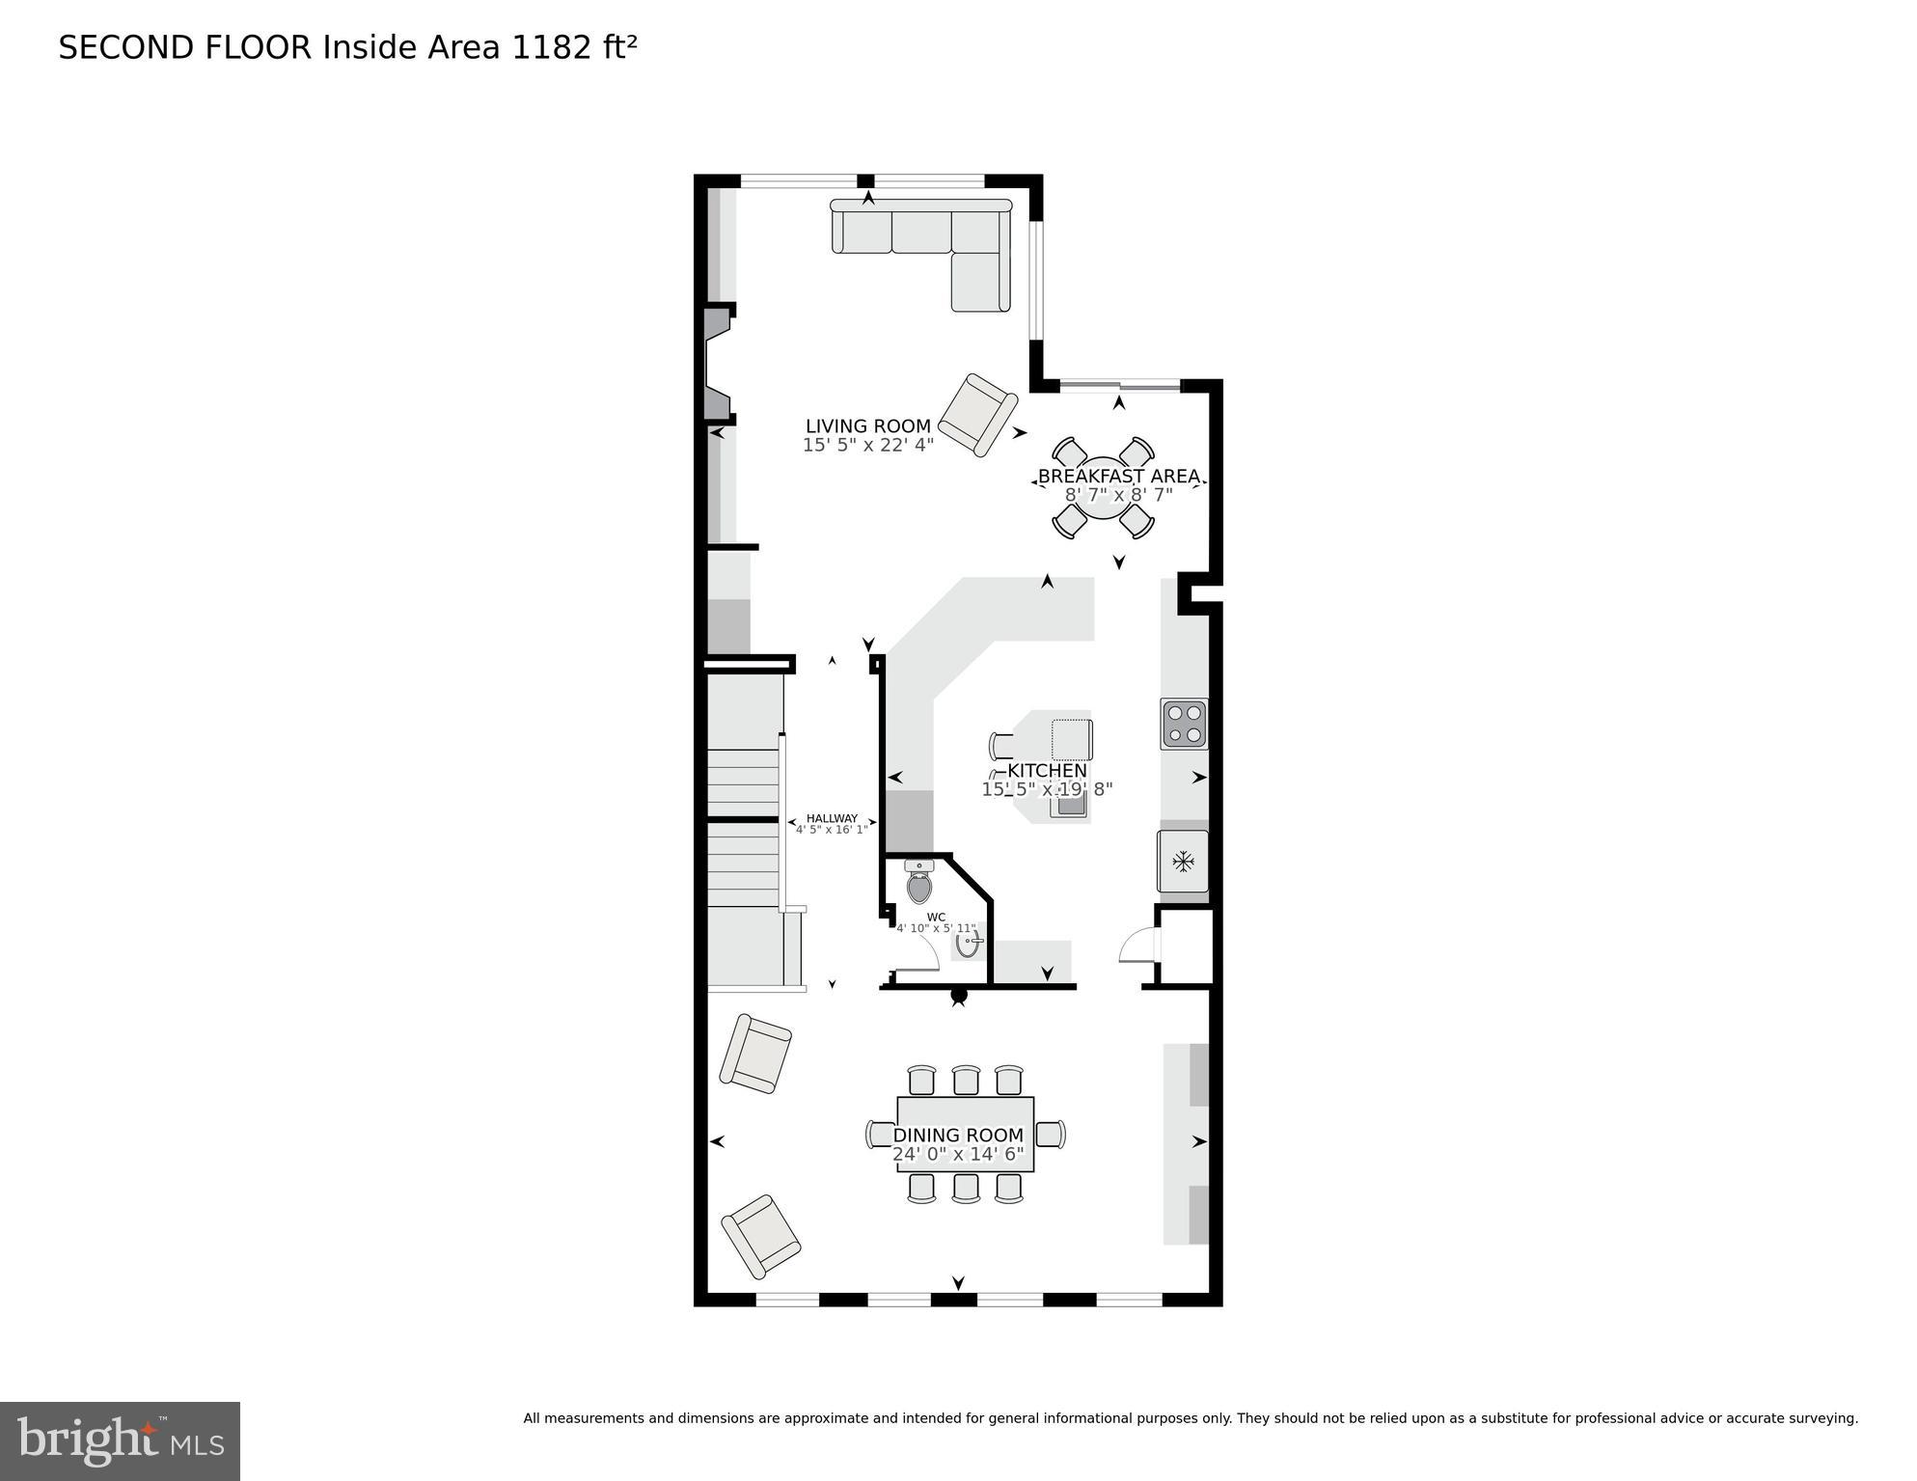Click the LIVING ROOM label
coord(867,425)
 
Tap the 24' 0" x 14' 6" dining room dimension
coord(957,1154)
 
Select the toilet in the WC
coord(919,883)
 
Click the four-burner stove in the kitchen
coord(1184,724)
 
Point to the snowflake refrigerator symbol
coord(1183,861)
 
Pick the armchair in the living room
coord(977,415)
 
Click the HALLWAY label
coord(832,818)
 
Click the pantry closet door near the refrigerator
coord(1139,946)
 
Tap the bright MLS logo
coord(120,1440)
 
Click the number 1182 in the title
coord(551,47)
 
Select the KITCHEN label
coord(1047,771)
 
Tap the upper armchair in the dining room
coord(755,1054)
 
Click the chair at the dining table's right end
coord(1051,1134)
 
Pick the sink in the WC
coord(968,941)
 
